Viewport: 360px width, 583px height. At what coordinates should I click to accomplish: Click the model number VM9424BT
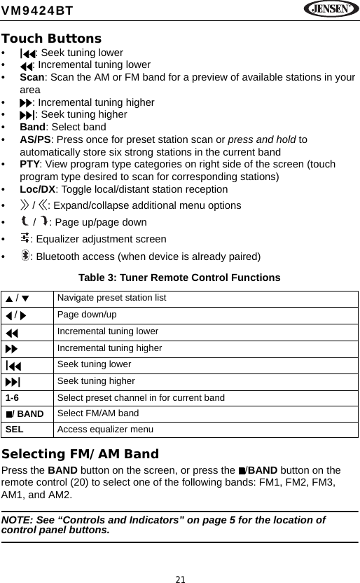click(39, 10)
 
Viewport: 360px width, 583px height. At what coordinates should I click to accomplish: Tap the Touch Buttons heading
click(51, 39)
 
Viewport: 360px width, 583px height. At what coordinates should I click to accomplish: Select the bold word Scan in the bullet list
click(32, 77)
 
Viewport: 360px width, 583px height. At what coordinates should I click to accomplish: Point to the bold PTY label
click(29, 164)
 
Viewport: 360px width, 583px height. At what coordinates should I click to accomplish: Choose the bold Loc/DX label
click(38, 189)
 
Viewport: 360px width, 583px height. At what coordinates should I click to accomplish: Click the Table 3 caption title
click(179, 278)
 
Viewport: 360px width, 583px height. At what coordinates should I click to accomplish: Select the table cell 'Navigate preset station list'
click(112, 299)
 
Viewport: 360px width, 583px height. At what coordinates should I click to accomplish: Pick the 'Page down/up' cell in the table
click(87, 315)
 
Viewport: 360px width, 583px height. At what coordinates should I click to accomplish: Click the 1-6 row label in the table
click(13, 398)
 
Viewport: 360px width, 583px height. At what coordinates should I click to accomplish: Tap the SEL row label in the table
click(15, 430)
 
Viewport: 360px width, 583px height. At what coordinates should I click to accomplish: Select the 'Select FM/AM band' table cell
click(97, 413)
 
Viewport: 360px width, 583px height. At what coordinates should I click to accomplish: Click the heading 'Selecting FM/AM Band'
click(80, 454)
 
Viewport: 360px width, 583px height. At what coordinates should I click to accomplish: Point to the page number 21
click(180, 579)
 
